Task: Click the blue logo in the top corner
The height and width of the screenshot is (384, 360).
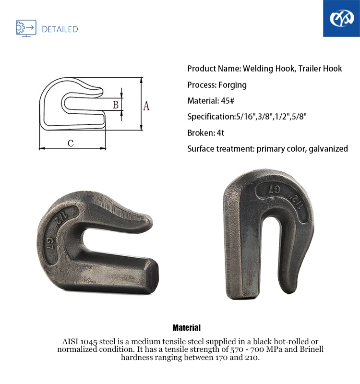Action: (x=341, y=19)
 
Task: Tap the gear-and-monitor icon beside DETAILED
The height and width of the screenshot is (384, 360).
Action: (x=26, y=28)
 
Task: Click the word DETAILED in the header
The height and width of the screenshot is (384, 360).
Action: (x=60, y=29)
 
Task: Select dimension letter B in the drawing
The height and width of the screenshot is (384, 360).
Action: (x=115, y=104)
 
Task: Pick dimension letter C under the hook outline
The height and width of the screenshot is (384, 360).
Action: (x=71, y=143)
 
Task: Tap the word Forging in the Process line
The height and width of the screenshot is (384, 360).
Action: (x=232, y=85)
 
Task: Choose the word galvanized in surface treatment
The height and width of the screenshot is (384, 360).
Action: (x=328, y=149)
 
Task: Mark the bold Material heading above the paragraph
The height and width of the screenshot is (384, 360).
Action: (x=187, y=328)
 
